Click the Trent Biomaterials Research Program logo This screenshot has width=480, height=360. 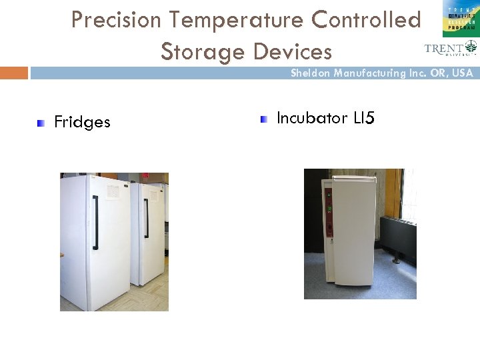460,19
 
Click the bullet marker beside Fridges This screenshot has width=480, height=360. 41,122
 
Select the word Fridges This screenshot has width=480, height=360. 82,122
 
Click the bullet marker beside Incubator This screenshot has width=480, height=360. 264,119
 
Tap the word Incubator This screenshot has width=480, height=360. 312,118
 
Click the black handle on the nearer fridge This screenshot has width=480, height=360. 96,222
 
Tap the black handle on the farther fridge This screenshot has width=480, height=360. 147,217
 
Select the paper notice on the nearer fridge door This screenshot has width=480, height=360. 113,191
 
